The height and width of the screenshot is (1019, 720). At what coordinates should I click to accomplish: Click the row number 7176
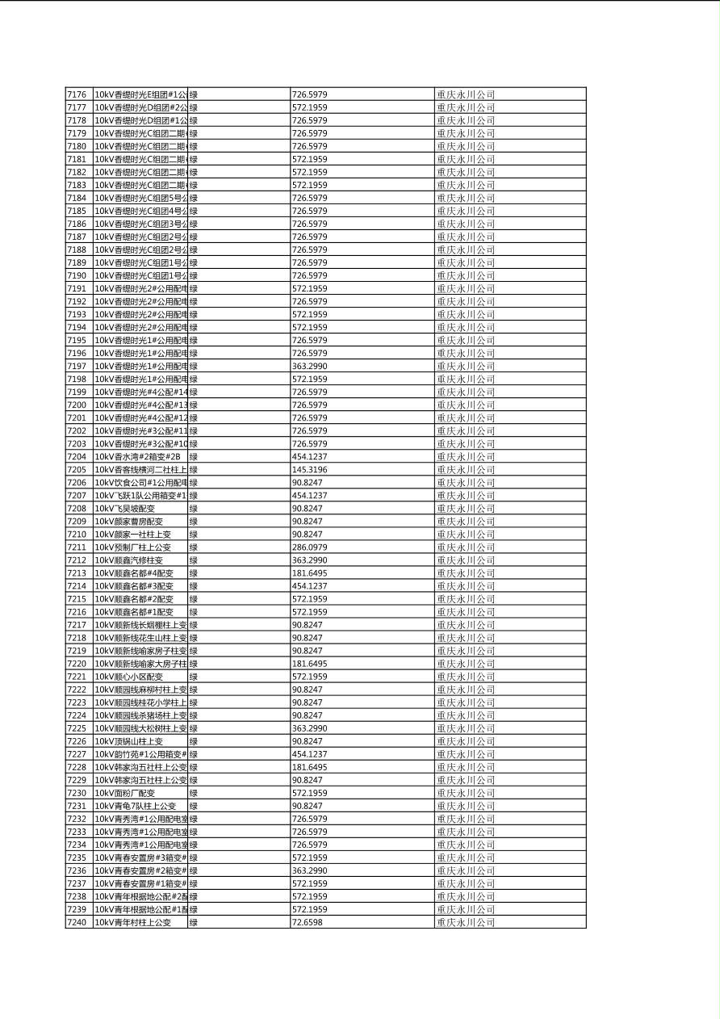click(x=76, y=94)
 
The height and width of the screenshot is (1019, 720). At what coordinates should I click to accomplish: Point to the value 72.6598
click(x=307, y=922)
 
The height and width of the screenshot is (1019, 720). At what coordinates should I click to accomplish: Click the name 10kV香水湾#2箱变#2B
click(x=137, y=457)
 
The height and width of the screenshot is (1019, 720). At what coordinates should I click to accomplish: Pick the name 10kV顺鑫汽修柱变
click(x=128, y=560)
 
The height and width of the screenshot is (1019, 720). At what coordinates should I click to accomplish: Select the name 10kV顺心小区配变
click(x=128, y=677)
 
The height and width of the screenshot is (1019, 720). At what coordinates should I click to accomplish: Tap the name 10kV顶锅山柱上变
click(x=128, y=741)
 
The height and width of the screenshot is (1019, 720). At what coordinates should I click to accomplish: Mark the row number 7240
click(x=76, y=922)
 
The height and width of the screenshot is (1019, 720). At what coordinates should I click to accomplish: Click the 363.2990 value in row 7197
click(x=309, y=366)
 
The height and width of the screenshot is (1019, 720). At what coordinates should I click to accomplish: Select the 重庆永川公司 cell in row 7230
click(x=466, y=793)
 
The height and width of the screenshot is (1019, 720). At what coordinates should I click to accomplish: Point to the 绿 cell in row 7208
click(x=193, y=509)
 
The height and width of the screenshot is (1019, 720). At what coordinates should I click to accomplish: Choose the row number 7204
click(x=76, y=457)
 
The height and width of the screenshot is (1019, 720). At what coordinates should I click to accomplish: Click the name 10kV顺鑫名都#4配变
click(x=134, y=573)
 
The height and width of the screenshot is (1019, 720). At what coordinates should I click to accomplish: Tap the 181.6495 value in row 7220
click(x=309, y=664)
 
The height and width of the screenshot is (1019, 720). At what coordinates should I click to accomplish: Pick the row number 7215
click(x=76, y=599)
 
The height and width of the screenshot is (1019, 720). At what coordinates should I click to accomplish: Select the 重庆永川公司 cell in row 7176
click(x=466, y=94)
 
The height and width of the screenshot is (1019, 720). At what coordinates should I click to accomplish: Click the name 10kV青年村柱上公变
click(x=132, y=922)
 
